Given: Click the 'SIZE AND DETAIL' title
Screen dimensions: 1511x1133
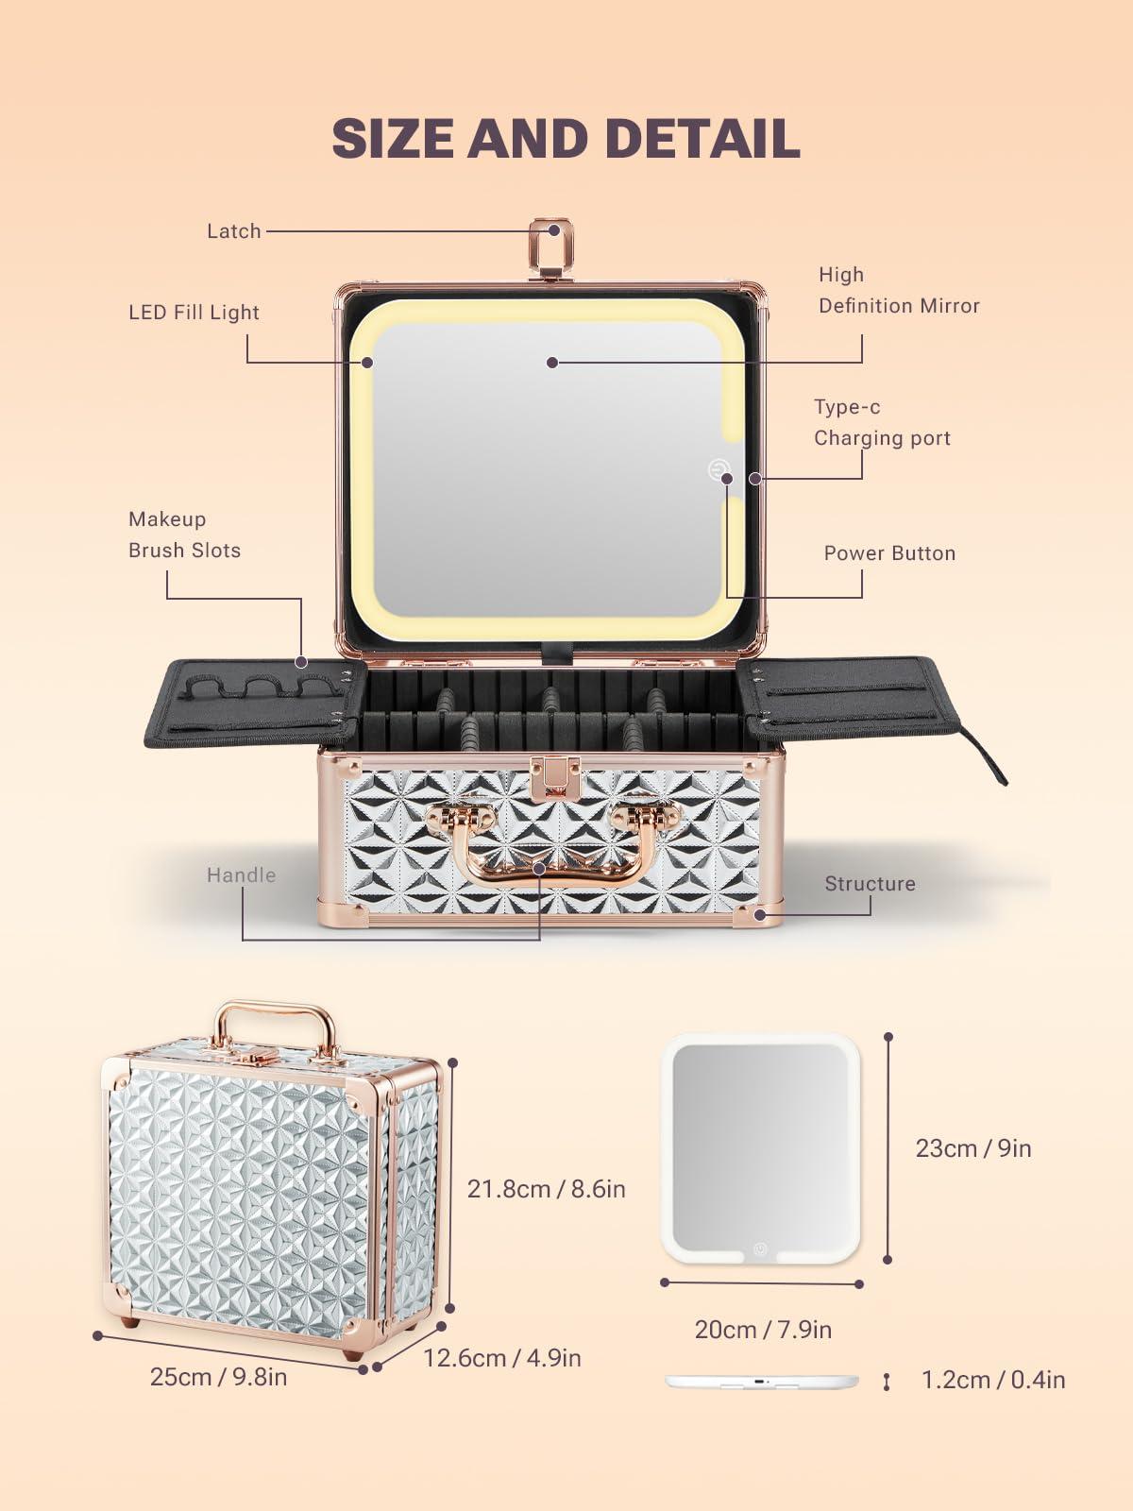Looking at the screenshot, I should point(566,139).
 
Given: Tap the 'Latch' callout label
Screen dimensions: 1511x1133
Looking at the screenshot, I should point(233,231).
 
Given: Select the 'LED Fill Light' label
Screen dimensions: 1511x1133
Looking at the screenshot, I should point(194,313).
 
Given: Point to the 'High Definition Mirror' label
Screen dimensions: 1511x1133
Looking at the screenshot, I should point(898,290).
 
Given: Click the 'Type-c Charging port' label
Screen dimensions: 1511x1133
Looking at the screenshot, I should point(882,422).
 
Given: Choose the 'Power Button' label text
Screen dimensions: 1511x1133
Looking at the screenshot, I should point(889,553).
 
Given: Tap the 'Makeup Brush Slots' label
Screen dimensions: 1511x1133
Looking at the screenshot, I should point(184,535).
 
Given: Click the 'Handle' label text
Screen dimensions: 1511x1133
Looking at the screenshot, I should point(241,875).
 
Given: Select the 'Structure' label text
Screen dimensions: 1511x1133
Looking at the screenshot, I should point(870,884).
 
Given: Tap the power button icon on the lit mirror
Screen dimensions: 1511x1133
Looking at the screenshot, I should point(719,469).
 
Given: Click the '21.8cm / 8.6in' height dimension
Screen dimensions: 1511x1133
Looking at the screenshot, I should point(546,1189).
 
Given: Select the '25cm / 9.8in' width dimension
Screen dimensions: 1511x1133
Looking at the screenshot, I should point(218,1377).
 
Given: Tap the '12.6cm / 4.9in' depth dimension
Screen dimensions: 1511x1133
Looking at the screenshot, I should point(501,1358).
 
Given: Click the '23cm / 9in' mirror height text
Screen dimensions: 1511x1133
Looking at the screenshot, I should point(972,1148).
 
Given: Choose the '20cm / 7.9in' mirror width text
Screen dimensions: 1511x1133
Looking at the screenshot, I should point(763,1330).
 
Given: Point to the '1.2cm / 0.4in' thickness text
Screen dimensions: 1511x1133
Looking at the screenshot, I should point(992,1380).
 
